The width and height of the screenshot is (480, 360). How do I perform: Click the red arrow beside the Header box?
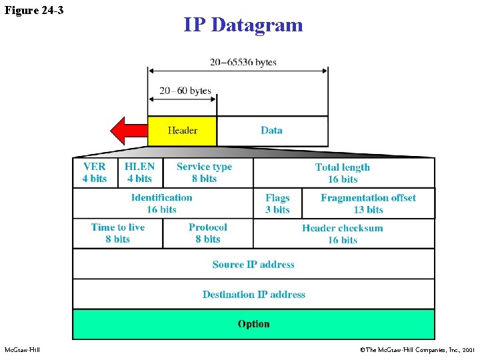127,131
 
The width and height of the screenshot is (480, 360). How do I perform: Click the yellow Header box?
182,131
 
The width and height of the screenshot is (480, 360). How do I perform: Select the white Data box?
272,131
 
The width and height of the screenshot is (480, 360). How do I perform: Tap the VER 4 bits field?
95,173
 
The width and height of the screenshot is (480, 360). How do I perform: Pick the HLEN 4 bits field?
139,173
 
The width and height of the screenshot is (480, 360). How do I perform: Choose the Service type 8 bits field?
204,173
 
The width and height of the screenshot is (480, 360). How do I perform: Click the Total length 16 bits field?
343,173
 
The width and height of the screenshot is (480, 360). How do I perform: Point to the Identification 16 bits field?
162,203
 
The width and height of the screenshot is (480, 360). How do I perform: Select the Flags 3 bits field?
277,203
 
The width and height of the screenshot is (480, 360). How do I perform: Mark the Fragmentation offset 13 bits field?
368,203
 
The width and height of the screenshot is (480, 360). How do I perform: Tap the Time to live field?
118,233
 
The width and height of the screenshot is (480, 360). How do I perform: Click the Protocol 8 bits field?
208,233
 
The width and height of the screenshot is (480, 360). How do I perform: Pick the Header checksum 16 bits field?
343,234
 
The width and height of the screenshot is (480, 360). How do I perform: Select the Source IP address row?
253,264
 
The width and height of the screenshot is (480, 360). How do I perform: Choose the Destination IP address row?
253,294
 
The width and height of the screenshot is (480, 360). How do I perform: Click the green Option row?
253,324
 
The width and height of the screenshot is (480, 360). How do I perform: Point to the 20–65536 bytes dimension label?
243,62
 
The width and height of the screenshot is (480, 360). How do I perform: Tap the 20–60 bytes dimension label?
185,91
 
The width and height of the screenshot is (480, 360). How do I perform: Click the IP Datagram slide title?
243,25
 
